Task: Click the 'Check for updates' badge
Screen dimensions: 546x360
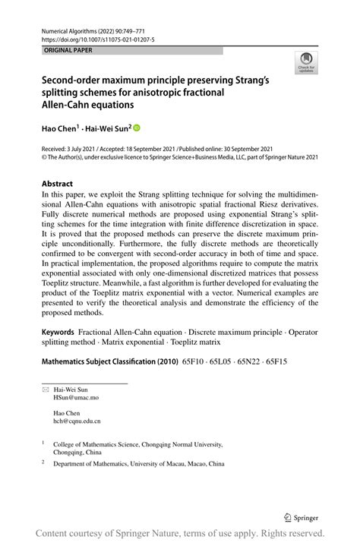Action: coord(306,63)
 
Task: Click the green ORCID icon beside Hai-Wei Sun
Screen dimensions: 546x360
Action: coord(137,128)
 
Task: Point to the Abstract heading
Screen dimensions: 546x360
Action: coord(58,184)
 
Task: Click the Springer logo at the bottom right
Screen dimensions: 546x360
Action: coord(301,517)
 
